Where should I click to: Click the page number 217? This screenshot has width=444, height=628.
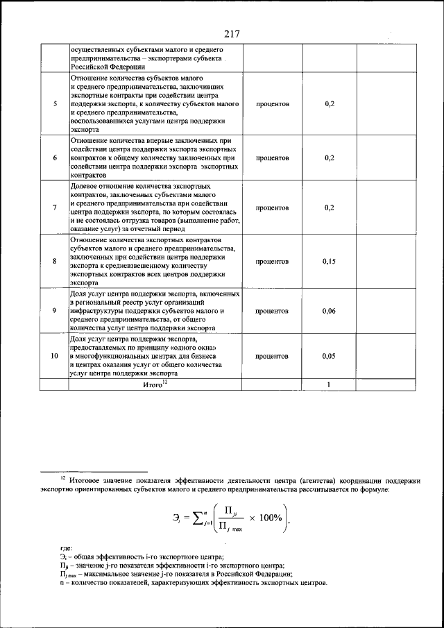[x=231, y=33]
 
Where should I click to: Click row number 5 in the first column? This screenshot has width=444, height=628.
[x=55, y=103]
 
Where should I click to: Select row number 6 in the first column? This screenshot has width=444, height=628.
[x=55, y=158]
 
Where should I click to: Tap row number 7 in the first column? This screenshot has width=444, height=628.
[x=55, y=207]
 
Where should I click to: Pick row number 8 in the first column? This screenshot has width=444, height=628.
[x=55, y=262]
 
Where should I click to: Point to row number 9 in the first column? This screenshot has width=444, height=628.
[x=55, y=310]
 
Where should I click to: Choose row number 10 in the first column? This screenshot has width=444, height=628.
[x=55, y=356]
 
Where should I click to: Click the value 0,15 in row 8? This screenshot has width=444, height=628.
[x=329, y=262]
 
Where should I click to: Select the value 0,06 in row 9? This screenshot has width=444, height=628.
[x=329, y=310]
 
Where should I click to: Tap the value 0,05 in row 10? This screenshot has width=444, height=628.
[x=329, y=356]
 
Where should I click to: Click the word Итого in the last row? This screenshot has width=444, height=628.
[x=152, y=384]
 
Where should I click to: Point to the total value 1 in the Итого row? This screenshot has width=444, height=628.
[x=329, y=384]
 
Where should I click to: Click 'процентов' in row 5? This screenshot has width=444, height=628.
[x=272, y=103]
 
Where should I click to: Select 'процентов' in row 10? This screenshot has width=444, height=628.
[x=272, y=356]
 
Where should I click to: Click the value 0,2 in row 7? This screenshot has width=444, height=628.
[x=329, y=207]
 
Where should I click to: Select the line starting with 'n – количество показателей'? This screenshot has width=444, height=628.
[x=193, y=583]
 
